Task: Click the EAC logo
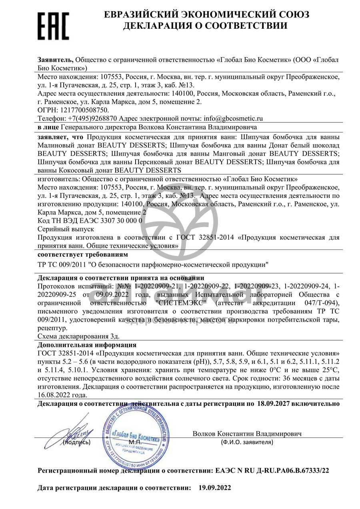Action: (x=53, y=24)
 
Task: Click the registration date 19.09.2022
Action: (x=215, y=488)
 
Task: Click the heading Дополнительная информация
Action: (x=87, y=345)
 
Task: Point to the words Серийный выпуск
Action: (x=66, y=229)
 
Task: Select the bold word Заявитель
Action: (x=55, y=60)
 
